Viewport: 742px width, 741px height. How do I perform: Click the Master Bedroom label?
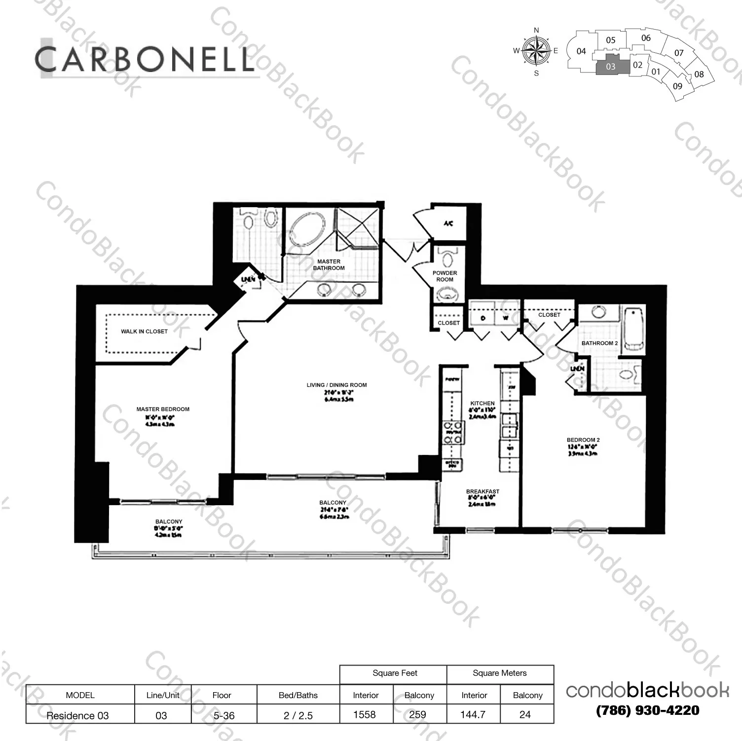(x=163, y=409)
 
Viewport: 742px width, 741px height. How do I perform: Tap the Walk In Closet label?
(x=144, y=332)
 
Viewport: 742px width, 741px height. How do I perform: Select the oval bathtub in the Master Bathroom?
(x=307, y=230)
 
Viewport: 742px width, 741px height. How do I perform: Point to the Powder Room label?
(x=445, y=276)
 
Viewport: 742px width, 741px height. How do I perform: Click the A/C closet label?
(x=448, y=223)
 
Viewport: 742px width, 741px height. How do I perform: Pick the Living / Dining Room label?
(x=336, y=385)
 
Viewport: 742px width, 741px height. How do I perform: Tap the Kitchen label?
(x=482, y=403)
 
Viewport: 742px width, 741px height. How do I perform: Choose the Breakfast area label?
(x=482, y=491)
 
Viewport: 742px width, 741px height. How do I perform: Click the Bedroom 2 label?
(x=583, y=440)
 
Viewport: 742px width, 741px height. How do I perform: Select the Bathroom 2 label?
(x=599, y=343)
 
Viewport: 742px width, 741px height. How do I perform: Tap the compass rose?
(x=536, y=51)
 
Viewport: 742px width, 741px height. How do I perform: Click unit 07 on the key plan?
(x=679, y=53)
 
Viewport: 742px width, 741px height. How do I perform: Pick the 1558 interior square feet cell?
(x=365, y=714)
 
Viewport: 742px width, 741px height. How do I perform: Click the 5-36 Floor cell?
(x=223, y=715)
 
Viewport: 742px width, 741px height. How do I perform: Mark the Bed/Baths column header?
(x=298, y=695)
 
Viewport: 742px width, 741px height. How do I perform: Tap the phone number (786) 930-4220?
(x=647, y=710)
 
